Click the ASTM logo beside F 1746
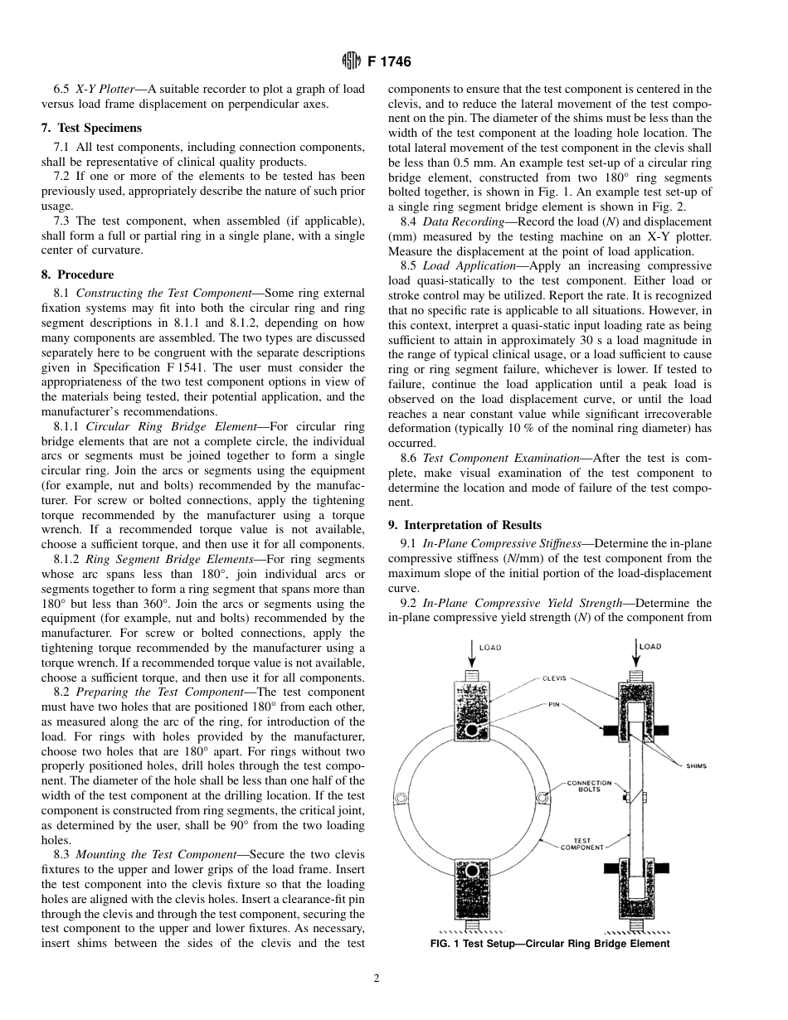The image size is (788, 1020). point(351,61)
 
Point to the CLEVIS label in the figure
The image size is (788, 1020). point(554,678)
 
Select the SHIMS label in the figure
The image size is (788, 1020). point(697,765)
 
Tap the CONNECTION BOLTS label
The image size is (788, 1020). point(590,786)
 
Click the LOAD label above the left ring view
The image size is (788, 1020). point(490,648)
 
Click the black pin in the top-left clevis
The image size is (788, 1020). point(471,730)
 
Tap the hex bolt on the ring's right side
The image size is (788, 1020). point(542,798)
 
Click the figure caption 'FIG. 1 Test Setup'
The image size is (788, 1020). point(549,944)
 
